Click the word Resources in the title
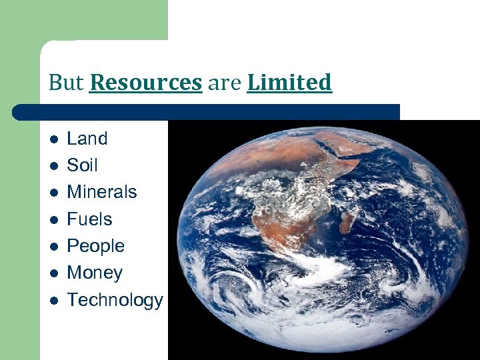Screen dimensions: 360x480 (x=145, y=83)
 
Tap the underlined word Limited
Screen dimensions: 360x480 (x=289, y=83)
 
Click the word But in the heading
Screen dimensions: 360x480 (x=66, y=83)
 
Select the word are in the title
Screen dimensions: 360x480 (x=224, y=83)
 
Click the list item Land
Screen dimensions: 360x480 (x=87, y=139)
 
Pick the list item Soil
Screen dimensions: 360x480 (x=82, y=165)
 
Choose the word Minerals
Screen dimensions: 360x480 (x=102, y=192)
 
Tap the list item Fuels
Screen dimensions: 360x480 (x=89, y=219)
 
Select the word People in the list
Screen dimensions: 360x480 (x=96, y=246)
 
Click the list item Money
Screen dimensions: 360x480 (x=95, y=273)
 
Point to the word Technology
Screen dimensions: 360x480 (x=115, y=300)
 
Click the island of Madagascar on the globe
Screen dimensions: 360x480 (x=347, y=220)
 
